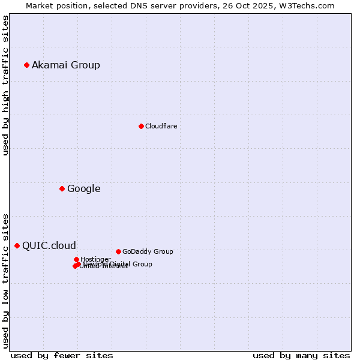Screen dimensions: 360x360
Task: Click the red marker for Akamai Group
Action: tap(26, 65)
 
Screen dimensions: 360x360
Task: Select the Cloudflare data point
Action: tap(141, 126)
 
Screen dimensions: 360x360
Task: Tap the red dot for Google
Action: tap(62, 188)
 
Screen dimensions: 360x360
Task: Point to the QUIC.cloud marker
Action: tap(17, 245)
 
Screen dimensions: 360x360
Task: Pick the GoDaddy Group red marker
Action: tap(118, 251)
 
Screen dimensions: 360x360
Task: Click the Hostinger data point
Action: tap(76, 259)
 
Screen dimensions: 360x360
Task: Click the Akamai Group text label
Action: tap(66, 65)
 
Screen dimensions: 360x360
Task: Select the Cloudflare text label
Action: tap(161, 126)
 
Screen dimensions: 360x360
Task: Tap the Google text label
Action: tap(83, 188)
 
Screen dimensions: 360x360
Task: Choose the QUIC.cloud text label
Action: tap(49, 245)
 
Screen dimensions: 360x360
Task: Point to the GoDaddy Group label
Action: tap(147, 251)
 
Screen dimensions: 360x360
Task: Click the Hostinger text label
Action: tap(95, 259)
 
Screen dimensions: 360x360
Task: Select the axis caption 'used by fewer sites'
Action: tap(62, 355)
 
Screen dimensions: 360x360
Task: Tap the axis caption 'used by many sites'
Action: tap(301, 355)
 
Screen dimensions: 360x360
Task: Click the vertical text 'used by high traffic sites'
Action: tap(5, 85)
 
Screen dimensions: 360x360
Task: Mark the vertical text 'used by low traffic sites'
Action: tap(5, 281)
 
